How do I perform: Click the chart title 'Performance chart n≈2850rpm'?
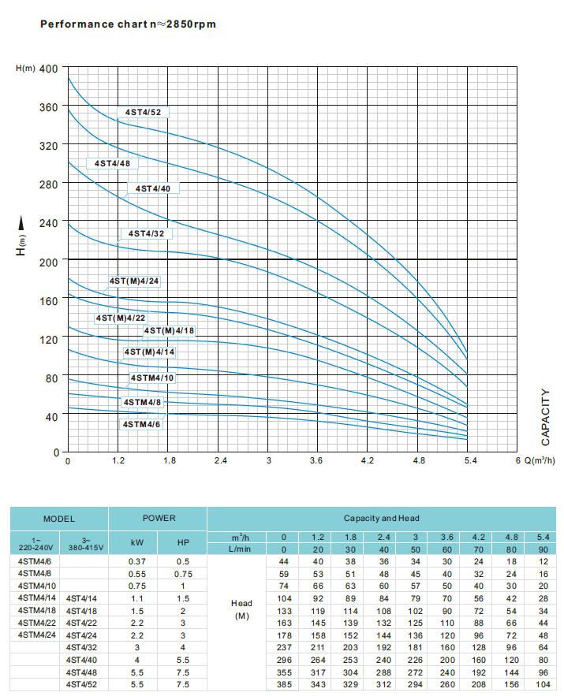click(128, 24)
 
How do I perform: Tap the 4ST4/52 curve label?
click(143, 113)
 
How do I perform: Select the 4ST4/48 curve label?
click(111, 164)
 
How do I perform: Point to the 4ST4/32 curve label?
click(146, 233)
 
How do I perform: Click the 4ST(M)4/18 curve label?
click(169, 330)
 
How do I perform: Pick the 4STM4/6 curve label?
click(141, 424)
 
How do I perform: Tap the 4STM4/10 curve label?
click(152, 378)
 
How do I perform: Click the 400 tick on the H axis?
click(48, 69)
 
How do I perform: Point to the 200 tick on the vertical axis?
click(48, 260)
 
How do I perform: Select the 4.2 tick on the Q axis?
click(367, 460)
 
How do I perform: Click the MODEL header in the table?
click(59, 519)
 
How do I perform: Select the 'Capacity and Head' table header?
click(382, 519)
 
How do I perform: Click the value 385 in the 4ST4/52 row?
click(283, 685)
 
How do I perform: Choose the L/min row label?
click(241, 549)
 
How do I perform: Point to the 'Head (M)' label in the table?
click(241, 609)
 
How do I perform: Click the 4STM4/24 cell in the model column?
click(35, 634)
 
